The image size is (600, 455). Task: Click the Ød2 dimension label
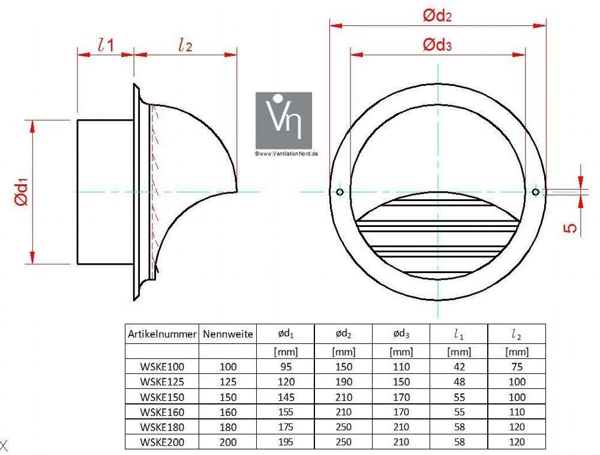click(437, 16)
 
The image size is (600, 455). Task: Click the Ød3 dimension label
click(437, 45)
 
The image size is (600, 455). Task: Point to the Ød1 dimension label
click(22, 191)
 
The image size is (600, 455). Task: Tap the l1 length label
click(106, 46)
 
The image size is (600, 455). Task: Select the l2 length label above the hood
click(185, 46)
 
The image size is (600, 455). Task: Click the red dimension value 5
click(570, 228)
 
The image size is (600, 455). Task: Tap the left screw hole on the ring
click(340, 191)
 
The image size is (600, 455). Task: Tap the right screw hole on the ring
click(536, 191)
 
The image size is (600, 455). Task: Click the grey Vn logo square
click(284, 120)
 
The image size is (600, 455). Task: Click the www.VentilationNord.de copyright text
click(287, 154)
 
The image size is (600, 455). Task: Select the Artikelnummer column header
click(162, 334)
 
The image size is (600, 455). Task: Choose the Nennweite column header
click(227, 334)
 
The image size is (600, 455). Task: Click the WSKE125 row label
click(162, 382)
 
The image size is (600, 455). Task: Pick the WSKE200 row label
click(162, 442)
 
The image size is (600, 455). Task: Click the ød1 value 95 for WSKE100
click(286, 367)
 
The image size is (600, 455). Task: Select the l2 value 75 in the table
click(517, 367)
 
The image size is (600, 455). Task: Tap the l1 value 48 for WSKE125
click(459, 382)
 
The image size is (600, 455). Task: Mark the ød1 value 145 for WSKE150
click(286, 397)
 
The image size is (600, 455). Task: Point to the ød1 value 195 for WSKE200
click(286, 442)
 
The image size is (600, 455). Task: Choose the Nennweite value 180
click(227, 427)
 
